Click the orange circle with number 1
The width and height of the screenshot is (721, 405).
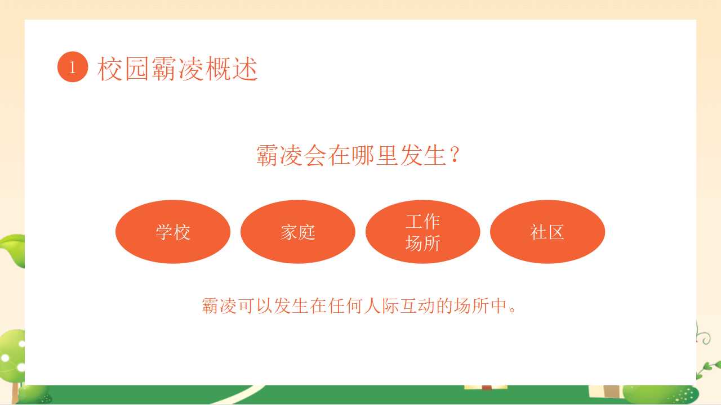point(73,67)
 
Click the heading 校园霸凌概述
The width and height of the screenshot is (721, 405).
point(177,68)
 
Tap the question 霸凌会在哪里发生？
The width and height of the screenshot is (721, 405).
point(358,155)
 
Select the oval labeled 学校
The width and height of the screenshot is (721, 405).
point(173,232)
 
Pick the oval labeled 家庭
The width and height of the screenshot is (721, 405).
point(298,232)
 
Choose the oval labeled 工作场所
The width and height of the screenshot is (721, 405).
point(422,232)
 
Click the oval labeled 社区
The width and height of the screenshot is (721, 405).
point(548,232)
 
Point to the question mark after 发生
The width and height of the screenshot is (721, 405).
point(455,154)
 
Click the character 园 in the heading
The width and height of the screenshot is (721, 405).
point(137,68)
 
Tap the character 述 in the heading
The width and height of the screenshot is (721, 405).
point(245,68)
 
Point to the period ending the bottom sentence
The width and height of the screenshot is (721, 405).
point(513,310)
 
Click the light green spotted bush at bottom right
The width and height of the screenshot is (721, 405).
point(660,395)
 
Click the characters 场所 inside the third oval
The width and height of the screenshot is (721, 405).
point(422,243)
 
